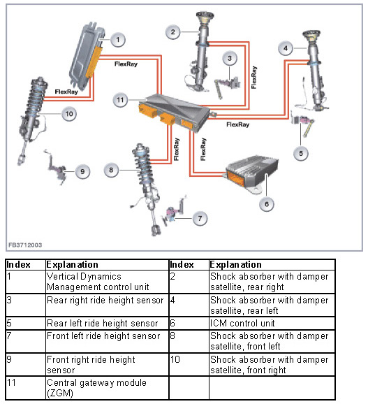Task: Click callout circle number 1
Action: coord(118,40)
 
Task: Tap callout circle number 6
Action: coord(267,204)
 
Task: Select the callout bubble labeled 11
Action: coord(120,100)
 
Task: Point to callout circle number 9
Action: coord(82,172)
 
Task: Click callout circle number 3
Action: coord(230,59)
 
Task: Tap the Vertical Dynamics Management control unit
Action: coord(87,54)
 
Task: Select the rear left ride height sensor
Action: coord(303,124)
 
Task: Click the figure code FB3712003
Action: coord(25,245)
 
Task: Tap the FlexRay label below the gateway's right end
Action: coord(238,124)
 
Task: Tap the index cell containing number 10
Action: coord(189,364)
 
